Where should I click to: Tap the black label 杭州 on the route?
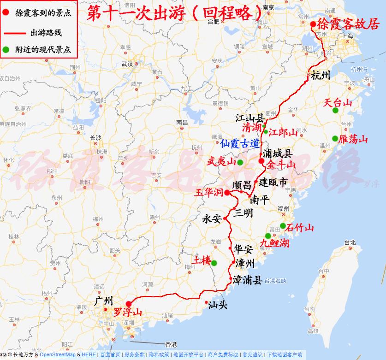pos(321,76)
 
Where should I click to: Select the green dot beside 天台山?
pos(335,110)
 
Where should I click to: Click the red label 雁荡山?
pos(353,139)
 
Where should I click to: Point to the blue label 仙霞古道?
pos(239,143)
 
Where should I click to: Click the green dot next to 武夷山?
pos(240,162)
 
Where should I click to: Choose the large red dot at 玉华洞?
pos(227,193)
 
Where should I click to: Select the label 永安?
pos(212,219)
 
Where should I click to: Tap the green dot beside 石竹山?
pos(283,226)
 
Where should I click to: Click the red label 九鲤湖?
pos(274,243)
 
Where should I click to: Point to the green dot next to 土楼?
pos(214,263)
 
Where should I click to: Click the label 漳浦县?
pos(247,280)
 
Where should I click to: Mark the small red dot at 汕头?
pos(206,302)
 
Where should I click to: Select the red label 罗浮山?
pos(128,313)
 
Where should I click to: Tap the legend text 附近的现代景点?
pos(43,49)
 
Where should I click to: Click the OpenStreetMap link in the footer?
pos(58,354)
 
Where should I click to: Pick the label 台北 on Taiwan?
pos(350,242)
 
